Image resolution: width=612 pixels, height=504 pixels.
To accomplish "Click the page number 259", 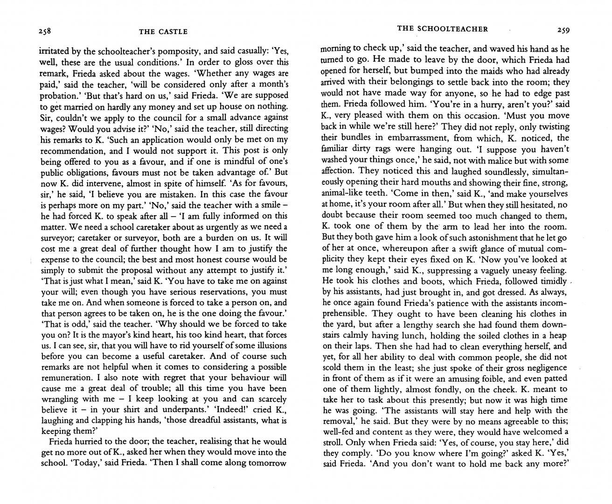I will point(563,30).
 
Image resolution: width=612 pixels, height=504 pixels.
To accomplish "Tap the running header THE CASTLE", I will point(163,32).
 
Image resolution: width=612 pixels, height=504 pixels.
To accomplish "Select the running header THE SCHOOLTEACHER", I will point(442,29).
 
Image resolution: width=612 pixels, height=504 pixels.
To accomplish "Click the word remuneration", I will point(68,377).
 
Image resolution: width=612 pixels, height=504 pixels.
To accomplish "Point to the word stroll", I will point(333,442).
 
